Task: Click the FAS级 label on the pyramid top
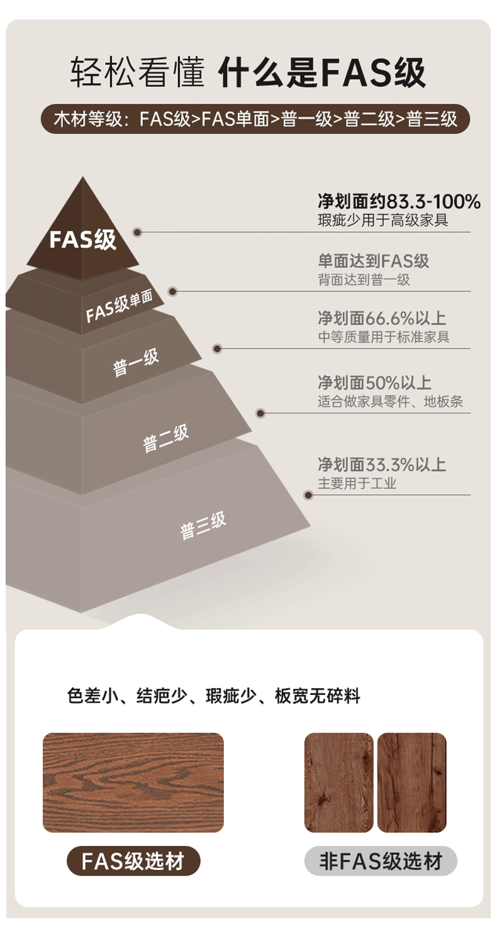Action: point(82,240)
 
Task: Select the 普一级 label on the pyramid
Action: point(136,363)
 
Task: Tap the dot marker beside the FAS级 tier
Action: point(137,232)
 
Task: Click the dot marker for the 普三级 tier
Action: point(308,495)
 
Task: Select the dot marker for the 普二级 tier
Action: point(260,413)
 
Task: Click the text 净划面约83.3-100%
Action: point(399,202)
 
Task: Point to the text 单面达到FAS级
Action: point(374,260)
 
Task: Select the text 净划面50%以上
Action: point(374,382)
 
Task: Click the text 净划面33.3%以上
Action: point(381,465)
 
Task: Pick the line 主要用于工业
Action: point(357,483)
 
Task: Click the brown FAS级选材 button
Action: point(133,860)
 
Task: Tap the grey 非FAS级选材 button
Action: point(381,860)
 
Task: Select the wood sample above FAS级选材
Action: point(133,782)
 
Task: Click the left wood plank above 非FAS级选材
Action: point(338,782)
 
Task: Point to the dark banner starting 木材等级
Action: point(255,119)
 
